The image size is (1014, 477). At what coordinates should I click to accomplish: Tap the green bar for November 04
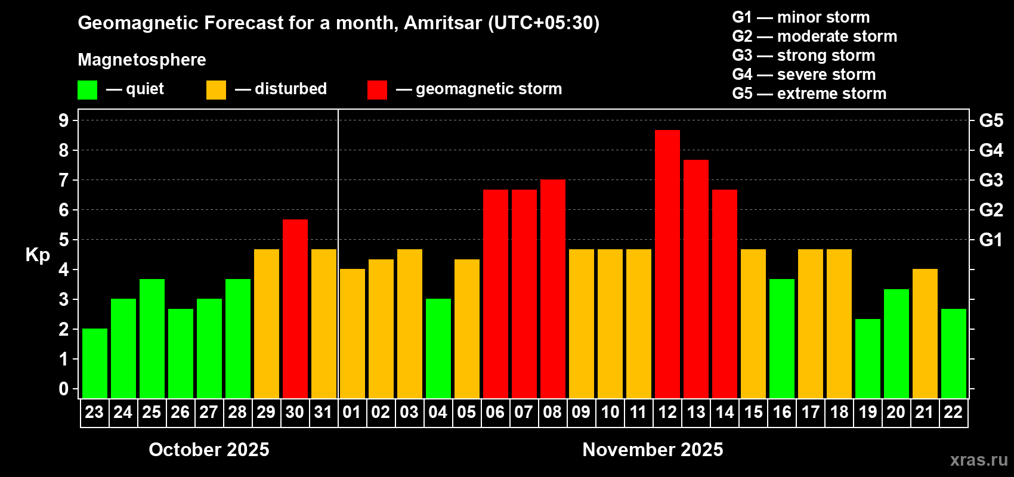tap(438, 348)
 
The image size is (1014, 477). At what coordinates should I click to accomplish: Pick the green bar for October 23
tap(95, 363)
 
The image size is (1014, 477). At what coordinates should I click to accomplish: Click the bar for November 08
tap(553, 289)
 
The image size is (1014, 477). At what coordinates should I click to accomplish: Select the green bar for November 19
tap(868, 358)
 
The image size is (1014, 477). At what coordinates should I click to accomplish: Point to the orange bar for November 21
tap(925, 333)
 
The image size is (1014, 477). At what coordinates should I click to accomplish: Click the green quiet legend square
tap(88, 90)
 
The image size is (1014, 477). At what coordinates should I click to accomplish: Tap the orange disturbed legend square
tap(216, 90)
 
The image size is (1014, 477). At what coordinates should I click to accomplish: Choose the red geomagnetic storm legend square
tap(377, 90)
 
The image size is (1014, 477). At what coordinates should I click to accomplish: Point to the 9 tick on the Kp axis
tap(64, 120)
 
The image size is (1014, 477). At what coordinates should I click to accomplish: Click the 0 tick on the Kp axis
tap(64, 389)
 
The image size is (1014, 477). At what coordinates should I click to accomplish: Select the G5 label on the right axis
tap(991, 120)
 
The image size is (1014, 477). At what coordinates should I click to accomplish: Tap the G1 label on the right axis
tap(991, 240)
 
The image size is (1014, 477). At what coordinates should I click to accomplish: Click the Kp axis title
tap(38, 255)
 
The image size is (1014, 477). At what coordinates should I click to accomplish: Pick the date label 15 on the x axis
tap(753, 412)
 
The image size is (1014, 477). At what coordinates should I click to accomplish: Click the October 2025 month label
tap(209, 450)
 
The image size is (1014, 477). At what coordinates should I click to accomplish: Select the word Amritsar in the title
tap(443, 23)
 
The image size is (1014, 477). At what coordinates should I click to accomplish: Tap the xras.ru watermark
tap(979, 460)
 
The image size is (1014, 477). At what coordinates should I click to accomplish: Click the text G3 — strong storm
tap(803, 55)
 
